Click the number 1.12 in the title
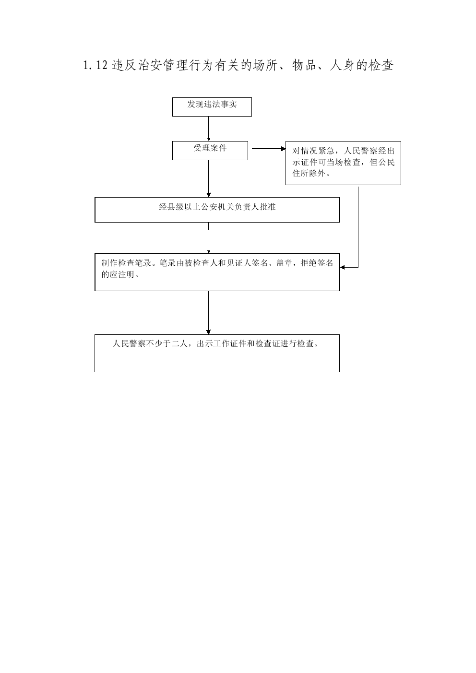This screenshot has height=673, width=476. pyautogui.click(x=95, y=66)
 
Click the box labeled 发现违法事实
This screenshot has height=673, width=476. pyautogui.click(x=212, y=106)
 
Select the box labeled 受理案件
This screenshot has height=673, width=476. pyautogui.click(x=210, y=151)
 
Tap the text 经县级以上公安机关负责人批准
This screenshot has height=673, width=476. pyautogui.click(x=217, y=207)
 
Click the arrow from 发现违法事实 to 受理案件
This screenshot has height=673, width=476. pyautogui.click(x=209, y=129)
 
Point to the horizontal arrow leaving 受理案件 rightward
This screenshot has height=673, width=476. pyautogui.click(x=269, y=148)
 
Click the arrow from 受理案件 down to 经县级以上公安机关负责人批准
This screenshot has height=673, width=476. pyautogui.click(x=209, y=178)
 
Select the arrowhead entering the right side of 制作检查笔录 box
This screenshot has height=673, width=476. pyautogui.click(x=342, y=267)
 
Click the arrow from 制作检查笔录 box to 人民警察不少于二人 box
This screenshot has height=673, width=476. pyautogui.click(x=209, y=312)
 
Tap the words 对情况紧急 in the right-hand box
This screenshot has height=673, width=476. pyautogui.click(x=313, y=151)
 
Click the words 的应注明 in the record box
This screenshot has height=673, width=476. pyautogui.click(x=118, y=274)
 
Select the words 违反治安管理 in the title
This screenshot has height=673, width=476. pyautogui.click(x=150, y=66)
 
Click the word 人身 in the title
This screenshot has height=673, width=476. pyautogui.click(x=342, y=66)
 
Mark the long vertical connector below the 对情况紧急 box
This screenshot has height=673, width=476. pyautogui.click(x=358, y=227)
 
